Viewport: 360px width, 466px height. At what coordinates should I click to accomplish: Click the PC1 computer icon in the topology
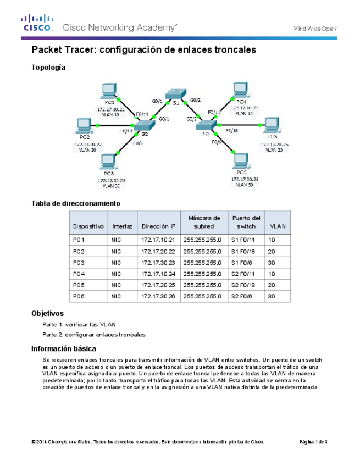(109, 90)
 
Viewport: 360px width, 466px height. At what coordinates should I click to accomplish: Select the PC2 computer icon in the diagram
(84, 126)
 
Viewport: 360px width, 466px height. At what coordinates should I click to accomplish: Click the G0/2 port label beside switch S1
(195, 100)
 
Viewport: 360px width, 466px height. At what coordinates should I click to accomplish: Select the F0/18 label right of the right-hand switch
(232, 130)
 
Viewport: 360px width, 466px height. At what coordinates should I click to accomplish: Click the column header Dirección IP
(158, 226)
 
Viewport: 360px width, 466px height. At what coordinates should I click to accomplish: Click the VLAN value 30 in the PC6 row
(271, 297)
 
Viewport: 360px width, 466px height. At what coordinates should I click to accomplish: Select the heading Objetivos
(48, 314)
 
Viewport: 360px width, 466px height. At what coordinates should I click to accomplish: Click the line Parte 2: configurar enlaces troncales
(93, 335)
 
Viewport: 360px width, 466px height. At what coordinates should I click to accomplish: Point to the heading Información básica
(64, 348)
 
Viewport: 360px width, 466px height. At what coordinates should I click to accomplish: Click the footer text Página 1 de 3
(314, 442)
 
